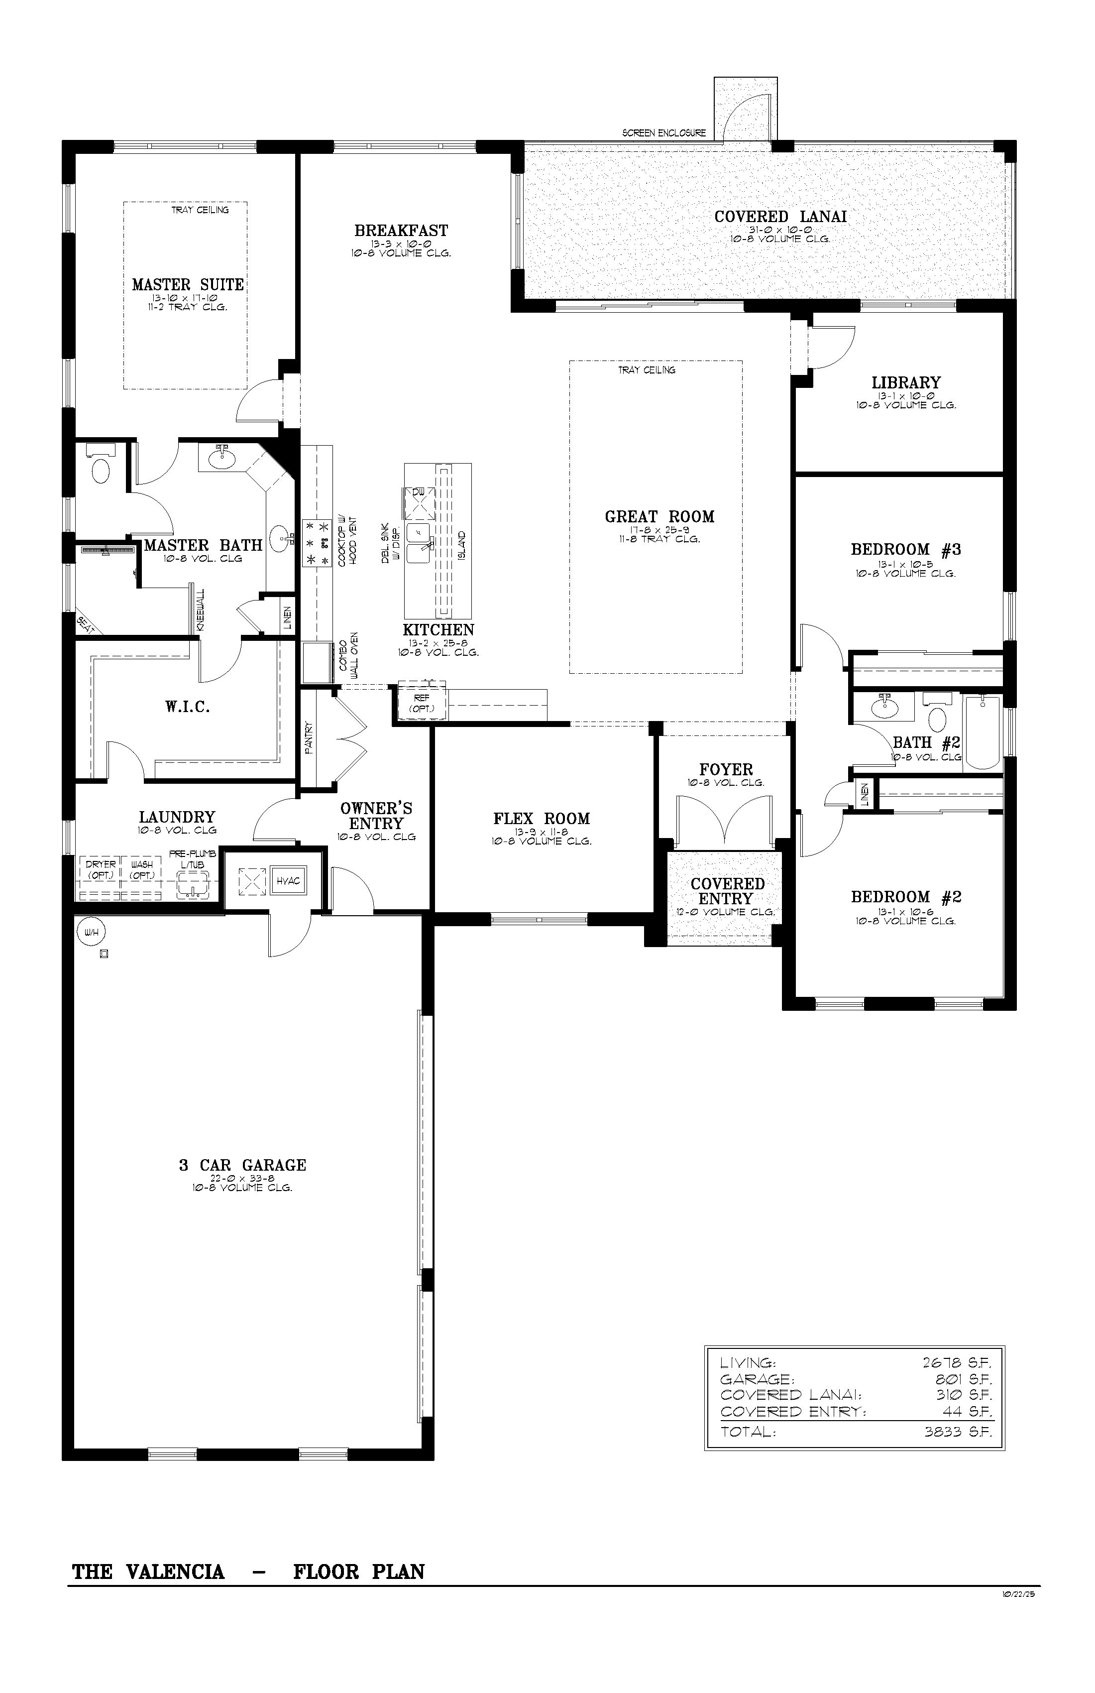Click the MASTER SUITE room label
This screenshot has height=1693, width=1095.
click(188, 284)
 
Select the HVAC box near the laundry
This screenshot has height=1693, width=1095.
click(288, 881)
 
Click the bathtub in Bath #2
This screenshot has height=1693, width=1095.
click(982, 731)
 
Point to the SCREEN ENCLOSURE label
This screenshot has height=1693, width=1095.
click(663, 133)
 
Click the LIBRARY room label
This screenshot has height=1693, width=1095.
click(906, 383)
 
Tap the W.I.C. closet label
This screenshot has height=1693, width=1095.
click(188, 707)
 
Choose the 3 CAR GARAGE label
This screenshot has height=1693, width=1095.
click(242, 1165)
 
